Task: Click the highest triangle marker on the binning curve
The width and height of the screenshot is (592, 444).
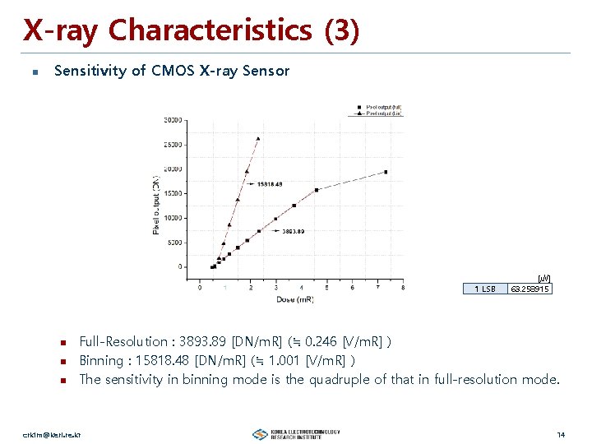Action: (x=258, y=139)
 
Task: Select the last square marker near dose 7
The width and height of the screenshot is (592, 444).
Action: (x=385, y=172)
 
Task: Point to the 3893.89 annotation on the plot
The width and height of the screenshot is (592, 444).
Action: (x=294, y=231)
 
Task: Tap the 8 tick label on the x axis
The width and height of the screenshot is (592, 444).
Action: (x=402, y=287)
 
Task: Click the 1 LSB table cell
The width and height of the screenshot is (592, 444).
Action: (x=485, y=289)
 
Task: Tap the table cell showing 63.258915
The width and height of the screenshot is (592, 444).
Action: (x=530, y=289)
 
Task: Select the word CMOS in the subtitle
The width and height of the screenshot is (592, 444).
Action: (x=173, y=71)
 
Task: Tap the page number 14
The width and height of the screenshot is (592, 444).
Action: (x=561, y=434)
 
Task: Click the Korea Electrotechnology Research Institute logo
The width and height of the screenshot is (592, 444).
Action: (x=296, y=434)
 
